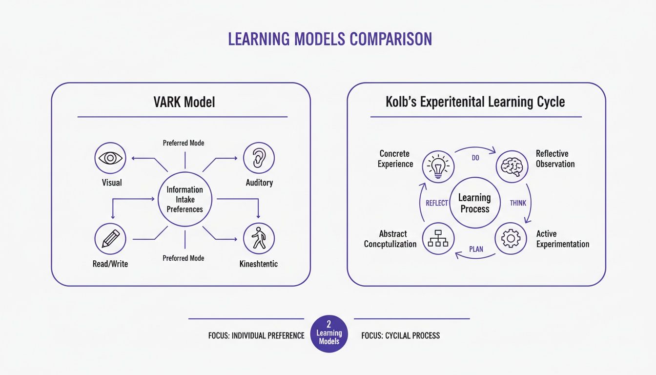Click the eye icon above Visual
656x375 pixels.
[110, 158]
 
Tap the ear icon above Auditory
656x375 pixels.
[259, 158]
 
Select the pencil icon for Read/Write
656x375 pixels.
[110, 239]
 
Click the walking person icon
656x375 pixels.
[259, 239]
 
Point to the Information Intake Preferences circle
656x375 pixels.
[184, 199]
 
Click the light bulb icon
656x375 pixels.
[438, 167]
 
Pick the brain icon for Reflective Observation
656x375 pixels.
[512, 167]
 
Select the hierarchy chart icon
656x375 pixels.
[438, 239]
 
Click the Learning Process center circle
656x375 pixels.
[474, 203]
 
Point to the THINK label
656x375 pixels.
[518, 203]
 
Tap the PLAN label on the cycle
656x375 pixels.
[476, 249]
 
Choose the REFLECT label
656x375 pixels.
[437, 203]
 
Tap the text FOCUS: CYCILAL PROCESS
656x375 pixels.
[400, 336]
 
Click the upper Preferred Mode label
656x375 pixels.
[184, 143]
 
